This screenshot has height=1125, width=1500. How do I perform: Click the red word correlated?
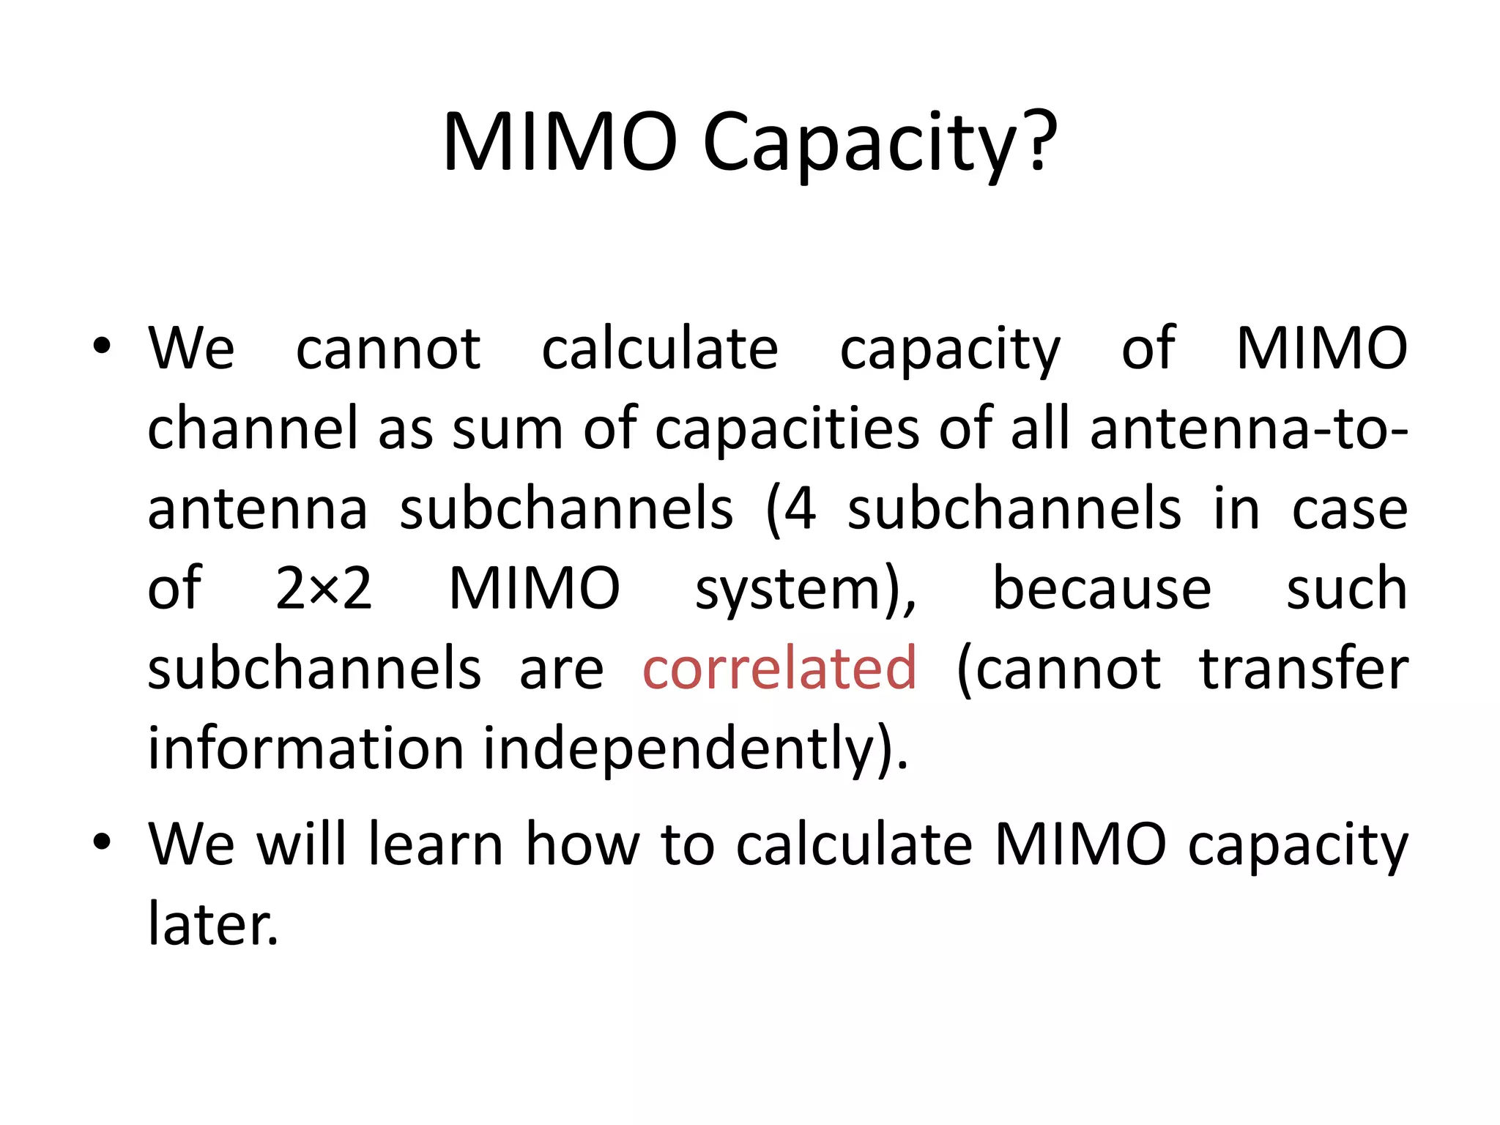779,669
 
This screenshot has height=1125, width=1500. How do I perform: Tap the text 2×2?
324,588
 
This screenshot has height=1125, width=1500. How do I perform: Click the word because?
1102,588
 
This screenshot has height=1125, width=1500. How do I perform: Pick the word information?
306,749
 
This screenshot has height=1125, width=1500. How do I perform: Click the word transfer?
1304,669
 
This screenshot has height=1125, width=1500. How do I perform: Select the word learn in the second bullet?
435,844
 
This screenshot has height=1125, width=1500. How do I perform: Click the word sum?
507,429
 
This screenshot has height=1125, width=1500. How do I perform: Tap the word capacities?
786,429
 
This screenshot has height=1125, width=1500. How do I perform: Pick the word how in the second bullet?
583,844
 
